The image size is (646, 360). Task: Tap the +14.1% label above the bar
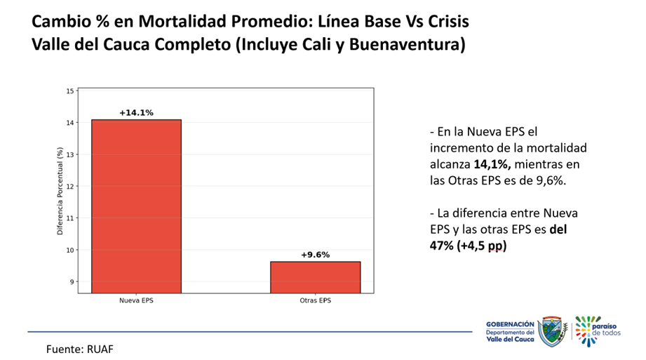point(136,112)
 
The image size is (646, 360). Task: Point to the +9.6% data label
point(315,255)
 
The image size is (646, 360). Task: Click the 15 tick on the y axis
point(69,91)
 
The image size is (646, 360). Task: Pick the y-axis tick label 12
point(69,186)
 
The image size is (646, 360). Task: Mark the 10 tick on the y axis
point(69,250)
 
